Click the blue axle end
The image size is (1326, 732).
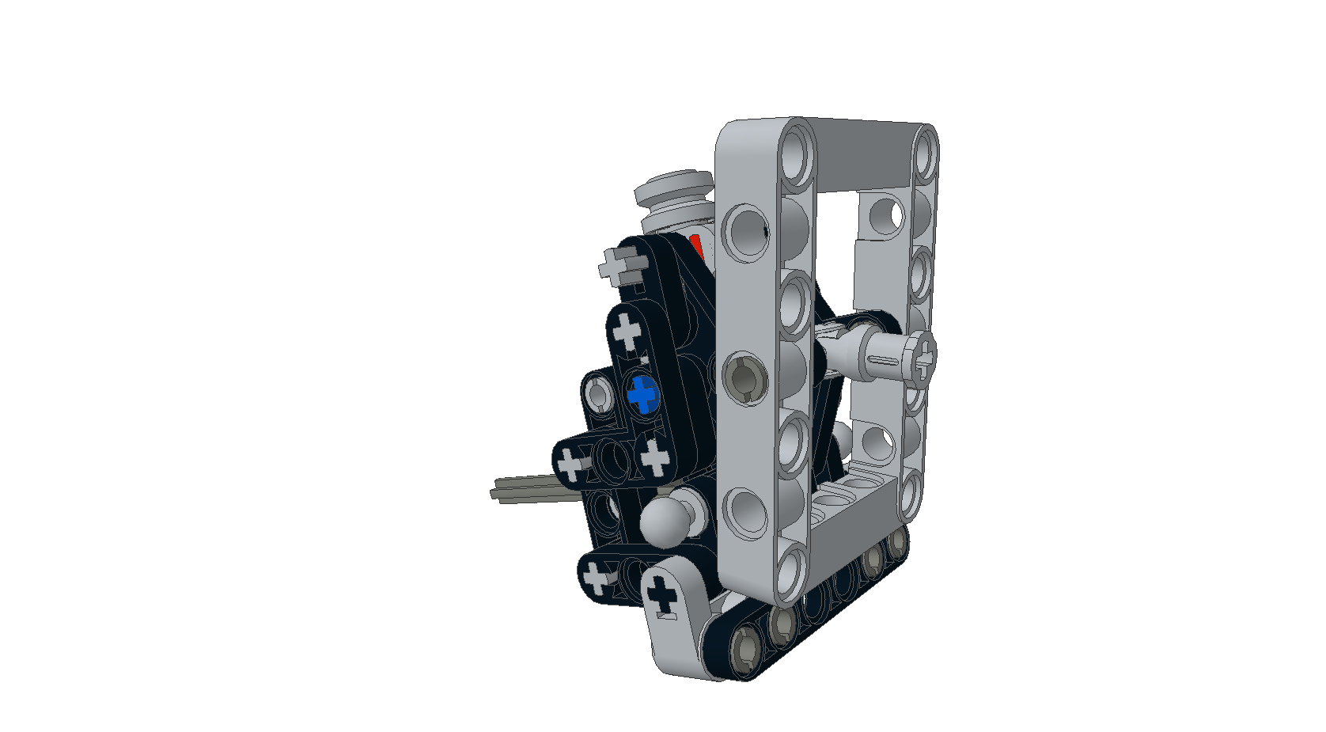pos(643,394)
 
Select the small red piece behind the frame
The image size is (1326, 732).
pos(696,246)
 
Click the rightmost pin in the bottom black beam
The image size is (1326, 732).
pos(897,542)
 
